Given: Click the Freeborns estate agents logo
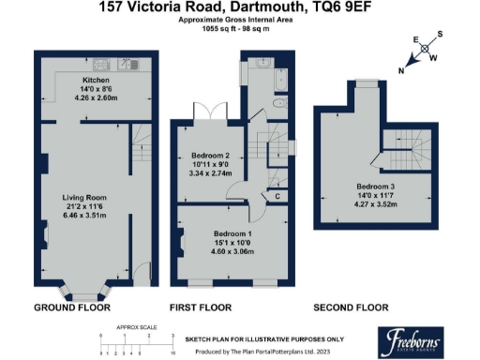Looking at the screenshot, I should pos(409,339).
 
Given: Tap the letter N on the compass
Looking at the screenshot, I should pos(402,69).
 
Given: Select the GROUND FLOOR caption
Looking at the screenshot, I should pos(72,307).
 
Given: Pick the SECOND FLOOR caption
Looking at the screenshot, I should pos(352,307).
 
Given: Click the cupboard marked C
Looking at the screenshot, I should pos(277,196).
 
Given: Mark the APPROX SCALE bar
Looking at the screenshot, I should pos(137,338).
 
